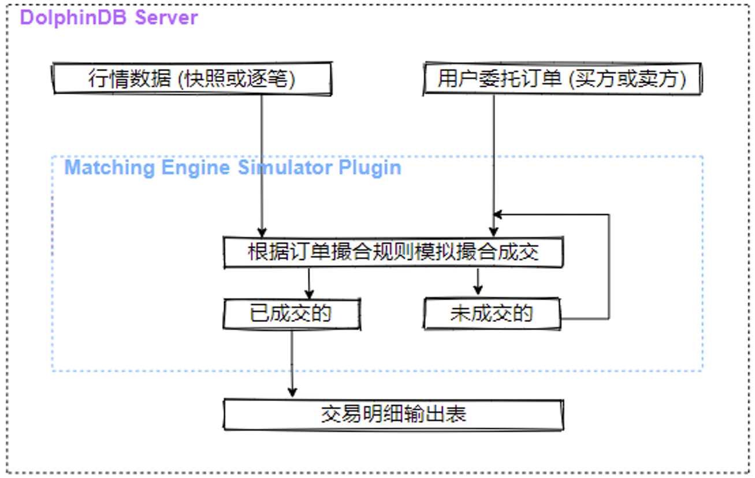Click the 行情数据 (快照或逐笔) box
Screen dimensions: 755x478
pyautogui.click(x=192, y=78)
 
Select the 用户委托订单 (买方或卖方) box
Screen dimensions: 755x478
pyautogui.click(x=562, y=78)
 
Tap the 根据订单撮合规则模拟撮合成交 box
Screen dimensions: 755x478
pyautogui.click(x=393, y=253)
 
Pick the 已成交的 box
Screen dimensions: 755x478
pyautogui.click(x=292, y=314)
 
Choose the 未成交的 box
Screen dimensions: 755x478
pyautogui.click(x=492, y=314)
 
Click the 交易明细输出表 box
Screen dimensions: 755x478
pyautogui.click(x=393, y=414)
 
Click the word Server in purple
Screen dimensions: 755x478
pyautogui.click(x=166, y=17)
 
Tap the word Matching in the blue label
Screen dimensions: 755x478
pyautogui.click(x=110, y=168)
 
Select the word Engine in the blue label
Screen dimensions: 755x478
pyautogui.click(x=195, y=168)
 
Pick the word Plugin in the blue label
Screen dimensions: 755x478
pyautogui.click(x=370, y=168)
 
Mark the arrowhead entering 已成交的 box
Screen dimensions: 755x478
pyautogui.click(x=309, y=294)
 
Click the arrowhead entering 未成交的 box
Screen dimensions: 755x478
pyautogui.click(x=478, y=290)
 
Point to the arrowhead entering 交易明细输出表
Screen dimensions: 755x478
pyautogui.click(x=292, y=392)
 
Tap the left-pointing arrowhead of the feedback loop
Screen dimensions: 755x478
pyautogui.click(x=498, y=214)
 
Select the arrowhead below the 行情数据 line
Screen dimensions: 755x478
pyautogui.click(x=262, y=232)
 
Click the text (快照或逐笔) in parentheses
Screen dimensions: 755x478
pyautogui.click(x=236, y=79)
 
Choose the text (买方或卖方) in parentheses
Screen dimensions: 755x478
pyautogui.click(x=627, y=79)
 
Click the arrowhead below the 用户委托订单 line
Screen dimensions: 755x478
pyautogui.click(x=494, y=232)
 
